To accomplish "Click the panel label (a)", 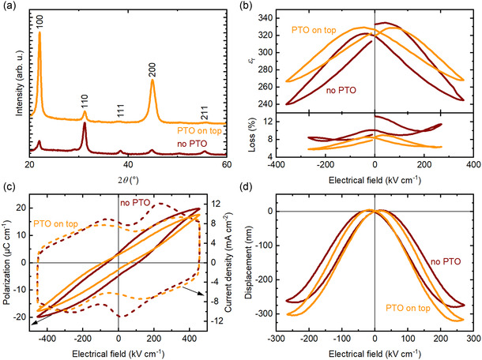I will pos(9,7).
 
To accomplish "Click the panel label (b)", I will pos(253,7).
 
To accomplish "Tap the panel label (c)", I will pos(9,187).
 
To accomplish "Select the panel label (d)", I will pos(253,187).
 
